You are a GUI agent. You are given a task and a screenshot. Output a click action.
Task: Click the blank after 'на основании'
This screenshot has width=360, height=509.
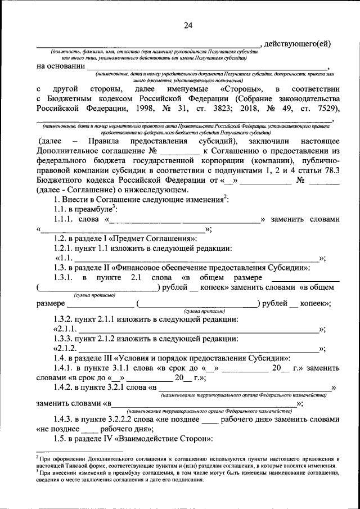(208, 66)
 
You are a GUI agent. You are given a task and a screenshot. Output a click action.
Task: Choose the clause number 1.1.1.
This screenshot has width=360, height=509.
(66, 219)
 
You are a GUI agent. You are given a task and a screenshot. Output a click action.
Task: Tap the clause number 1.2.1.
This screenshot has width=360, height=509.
(66, 249)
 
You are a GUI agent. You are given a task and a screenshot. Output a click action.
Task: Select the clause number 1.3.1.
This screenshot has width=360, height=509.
(66, 278)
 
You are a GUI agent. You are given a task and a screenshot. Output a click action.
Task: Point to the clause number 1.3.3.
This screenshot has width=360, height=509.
(66, 339)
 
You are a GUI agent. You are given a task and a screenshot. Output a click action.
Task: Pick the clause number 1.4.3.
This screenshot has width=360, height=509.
(66, 419)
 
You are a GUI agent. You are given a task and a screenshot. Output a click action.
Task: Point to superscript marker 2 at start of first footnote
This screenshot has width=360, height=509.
(37, 457)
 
